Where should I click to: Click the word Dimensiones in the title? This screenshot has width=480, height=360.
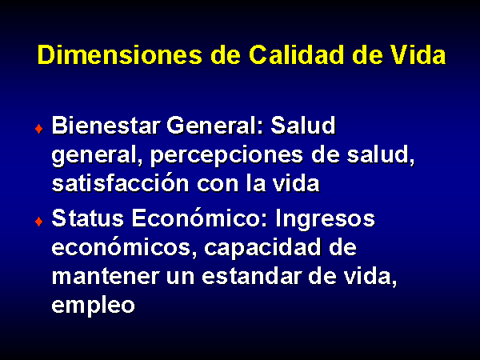pyautogui.click(x=120, y=55)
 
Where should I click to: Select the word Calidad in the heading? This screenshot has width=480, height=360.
pyautogui.click(x=296, y=55)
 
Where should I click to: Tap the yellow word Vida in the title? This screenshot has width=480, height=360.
pyautogui.click(x=418, y=55)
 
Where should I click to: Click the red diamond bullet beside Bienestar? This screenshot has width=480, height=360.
pyautogui.click(x=39, y=129)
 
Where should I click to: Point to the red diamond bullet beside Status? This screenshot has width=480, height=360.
pyautogui.click(x=39, y=221)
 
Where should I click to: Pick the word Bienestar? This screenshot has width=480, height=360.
pyautogui.click(x=106, y=126)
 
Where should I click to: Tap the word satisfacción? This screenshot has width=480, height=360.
pyautogui.click(x=120, y=183)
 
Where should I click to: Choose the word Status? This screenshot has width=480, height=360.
pyautogui.click(x=87, y=218)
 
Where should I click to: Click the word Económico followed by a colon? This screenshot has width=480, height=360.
pyautogui.click(x=200, y=218)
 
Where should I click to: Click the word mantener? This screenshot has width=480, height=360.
pyautogui.click(x=106, y=277)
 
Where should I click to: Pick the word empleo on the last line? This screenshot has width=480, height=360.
pyautogui.click(x=93, y=306)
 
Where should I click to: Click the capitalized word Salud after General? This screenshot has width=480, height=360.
pyautogui.click(x=302, y=126)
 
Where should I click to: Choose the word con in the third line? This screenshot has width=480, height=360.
pyautogui.click(x=218, y=185)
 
